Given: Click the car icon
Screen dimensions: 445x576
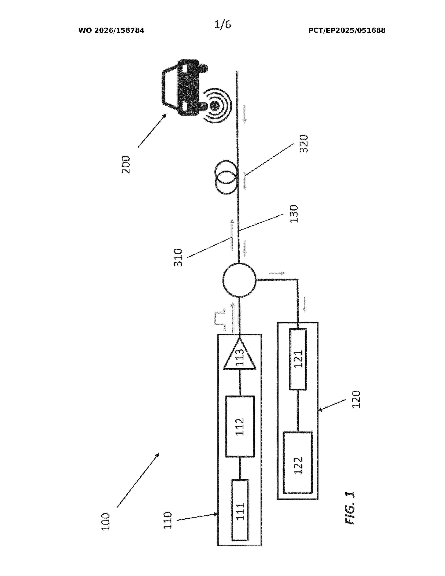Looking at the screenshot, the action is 184,87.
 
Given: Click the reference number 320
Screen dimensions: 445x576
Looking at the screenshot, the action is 304,143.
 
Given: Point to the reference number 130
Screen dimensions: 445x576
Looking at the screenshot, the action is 294,214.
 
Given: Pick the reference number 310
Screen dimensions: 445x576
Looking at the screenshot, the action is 178,257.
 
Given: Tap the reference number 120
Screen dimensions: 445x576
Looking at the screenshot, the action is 356,399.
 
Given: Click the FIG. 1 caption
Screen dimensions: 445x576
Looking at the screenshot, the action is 350,508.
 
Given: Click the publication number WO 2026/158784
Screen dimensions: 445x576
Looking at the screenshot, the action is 111,31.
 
